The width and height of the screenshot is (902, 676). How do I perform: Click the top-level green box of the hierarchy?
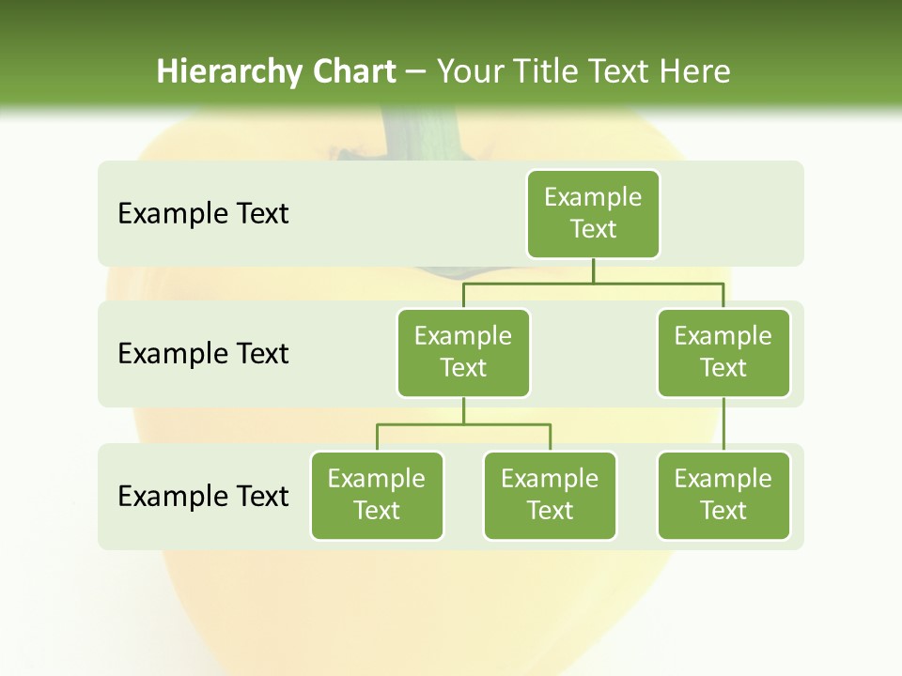coord(593,213)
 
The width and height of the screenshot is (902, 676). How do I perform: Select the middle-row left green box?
coord(463,352)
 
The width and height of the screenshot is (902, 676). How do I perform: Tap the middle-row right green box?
coord(723,352)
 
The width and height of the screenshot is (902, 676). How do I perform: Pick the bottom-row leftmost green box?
coord(377,495)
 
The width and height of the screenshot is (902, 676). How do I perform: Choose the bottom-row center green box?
coord(550,495)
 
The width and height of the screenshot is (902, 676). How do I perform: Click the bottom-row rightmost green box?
coord(723,495)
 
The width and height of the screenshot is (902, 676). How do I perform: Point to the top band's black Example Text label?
coord(203,214)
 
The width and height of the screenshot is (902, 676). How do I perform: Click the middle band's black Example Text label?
coord(203,354)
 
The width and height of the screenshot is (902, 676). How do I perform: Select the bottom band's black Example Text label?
coord(203,496)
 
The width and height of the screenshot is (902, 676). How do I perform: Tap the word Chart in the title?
coord(354,71)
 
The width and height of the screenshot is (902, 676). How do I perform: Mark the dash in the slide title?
coord(416,73)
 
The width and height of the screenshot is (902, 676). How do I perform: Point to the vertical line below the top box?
coord(593,270)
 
